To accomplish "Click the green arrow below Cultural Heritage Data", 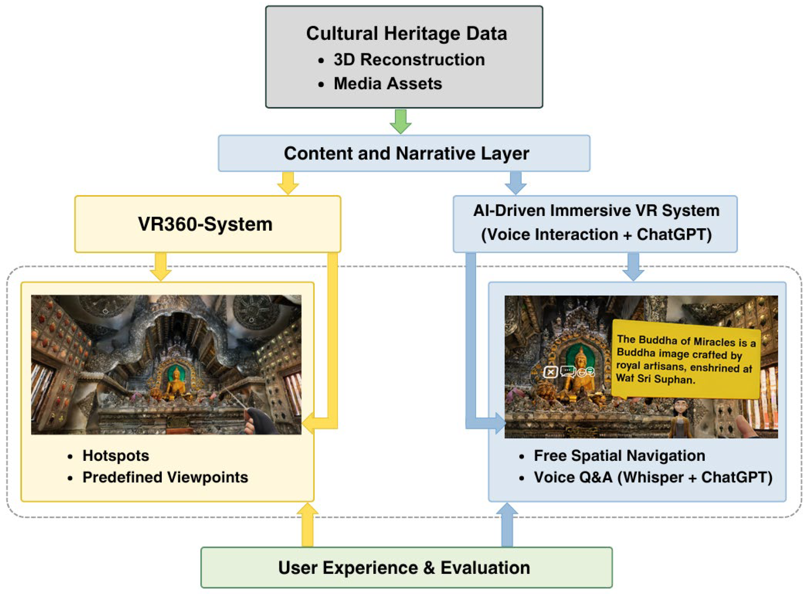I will [x=400, y=122].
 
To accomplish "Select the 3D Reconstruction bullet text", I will [x=409, y=60].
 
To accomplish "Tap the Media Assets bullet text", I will [x=388, y=84].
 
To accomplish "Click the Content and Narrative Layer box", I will [x=404, y=153].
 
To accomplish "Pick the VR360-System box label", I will [x=205, y=224].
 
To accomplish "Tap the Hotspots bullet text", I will [x=116, y=455].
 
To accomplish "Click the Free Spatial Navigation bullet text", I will [x=619, y=455].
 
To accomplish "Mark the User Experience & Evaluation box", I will [x=406, y=568].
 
